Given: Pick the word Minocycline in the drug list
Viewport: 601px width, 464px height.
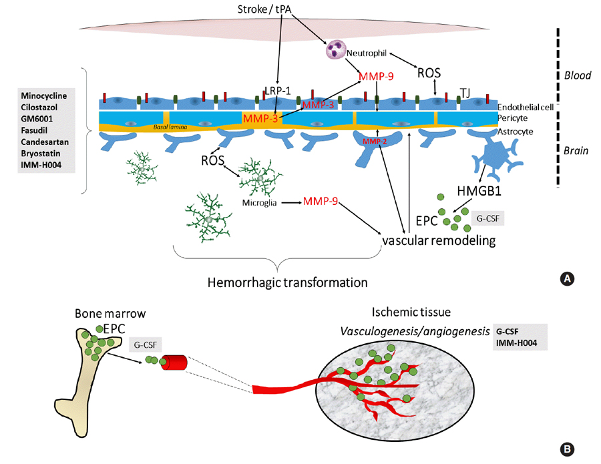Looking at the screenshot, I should point(46,95).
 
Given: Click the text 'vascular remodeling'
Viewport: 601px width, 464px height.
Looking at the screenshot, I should point(438,240).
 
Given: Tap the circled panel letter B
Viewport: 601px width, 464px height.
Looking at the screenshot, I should point(569,449).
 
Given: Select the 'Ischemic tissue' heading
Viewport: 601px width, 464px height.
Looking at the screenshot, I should point(412,312).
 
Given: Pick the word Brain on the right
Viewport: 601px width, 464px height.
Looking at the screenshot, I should point(575,151).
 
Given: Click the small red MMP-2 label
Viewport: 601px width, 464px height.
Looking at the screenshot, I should point(375,142).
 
